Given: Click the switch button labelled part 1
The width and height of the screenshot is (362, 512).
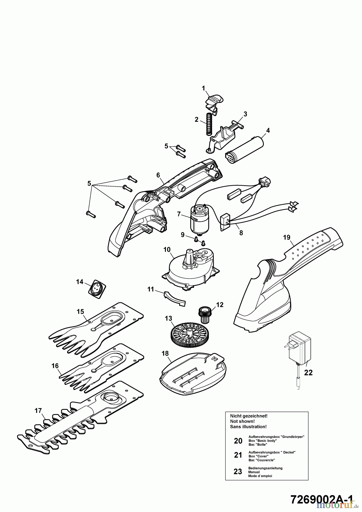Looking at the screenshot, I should coord(214,101).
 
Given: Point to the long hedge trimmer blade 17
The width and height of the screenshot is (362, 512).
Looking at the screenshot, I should coord(80,421).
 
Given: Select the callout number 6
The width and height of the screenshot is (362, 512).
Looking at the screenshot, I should coord(158,175).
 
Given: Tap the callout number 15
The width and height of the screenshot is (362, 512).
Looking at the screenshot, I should coord(80,311).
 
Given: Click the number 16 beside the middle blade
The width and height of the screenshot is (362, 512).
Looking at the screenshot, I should coord(55,366).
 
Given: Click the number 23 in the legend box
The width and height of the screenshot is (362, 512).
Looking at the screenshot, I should coord(238,472).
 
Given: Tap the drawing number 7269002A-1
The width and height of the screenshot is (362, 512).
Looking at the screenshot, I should coord(322,498).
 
